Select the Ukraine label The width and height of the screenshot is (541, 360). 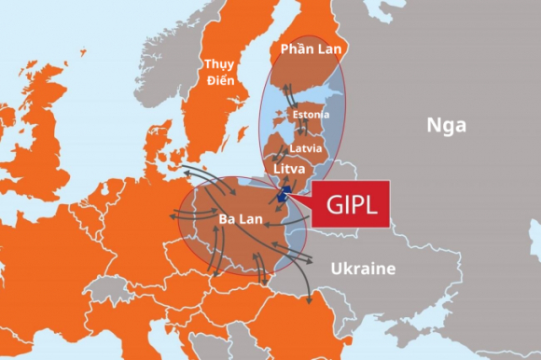(363, 269)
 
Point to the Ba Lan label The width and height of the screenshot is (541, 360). (240, 220)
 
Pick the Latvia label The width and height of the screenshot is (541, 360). (305, 147)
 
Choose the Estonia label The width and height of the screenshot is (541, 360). (311, 114)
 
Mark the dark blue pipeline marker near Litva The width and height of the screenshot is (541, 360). (284, 194)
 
